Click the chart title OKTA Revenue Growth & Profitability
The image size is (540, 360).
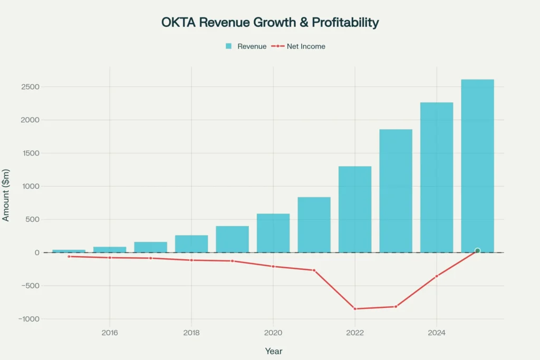coord(270,23)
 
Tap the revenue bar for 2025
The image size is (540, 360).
coord(477,166)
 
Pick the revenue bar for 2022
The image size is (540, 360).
coord(355,209)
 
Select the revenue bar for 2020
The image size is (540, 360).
coord(273,233)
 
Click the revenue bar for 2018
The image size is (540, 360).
coord(191,244)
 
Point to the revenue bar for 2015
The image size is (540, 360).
coord(69,251)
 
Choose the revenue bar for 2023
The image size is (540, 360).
coord(396,191)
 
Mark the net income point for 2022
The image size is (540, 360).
coord(355,309)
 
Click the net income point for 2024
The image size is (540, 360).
coord(437,276)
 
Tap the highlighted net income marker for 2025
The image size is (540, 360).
coord(477,251)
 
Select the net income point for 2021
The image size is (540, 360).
coord(314,270)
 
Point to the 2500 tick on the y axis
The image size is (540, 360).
coord(31,87)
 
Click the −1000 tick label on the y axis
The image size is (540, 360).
coord(28,319)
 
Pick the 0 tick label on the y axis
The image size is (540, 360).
coord(37,252)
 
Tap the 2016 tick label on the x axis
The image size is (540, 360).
coord(110,333)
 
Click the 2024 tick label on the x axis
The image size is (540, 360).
coord(437,333)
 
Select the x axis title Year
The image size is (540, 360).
coord(273,351)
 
